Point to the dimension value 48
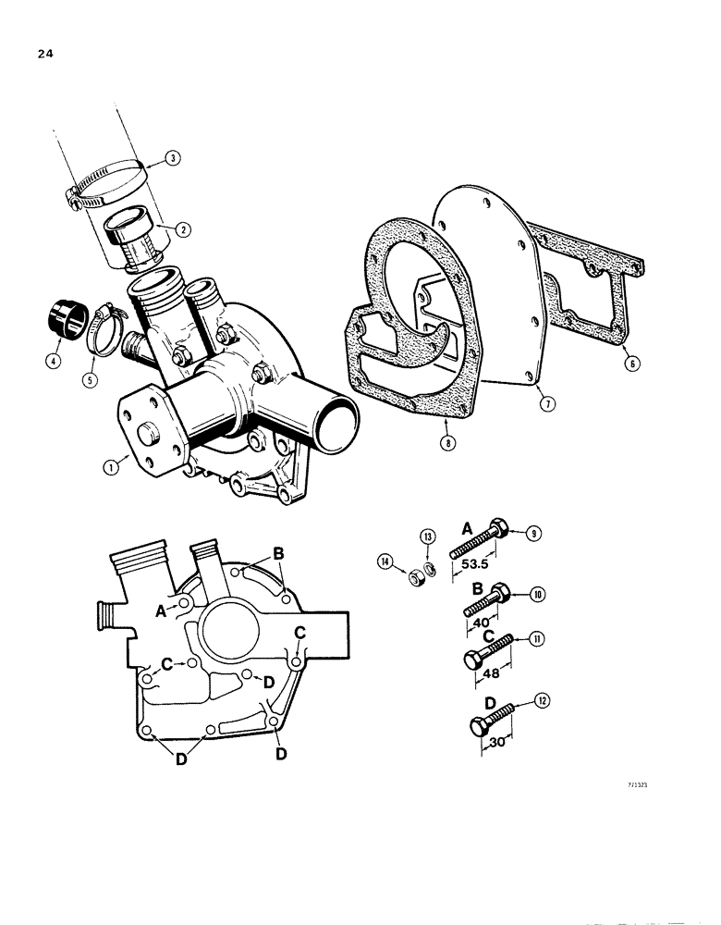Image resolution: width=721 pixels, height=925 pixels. tap(488, 674)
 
